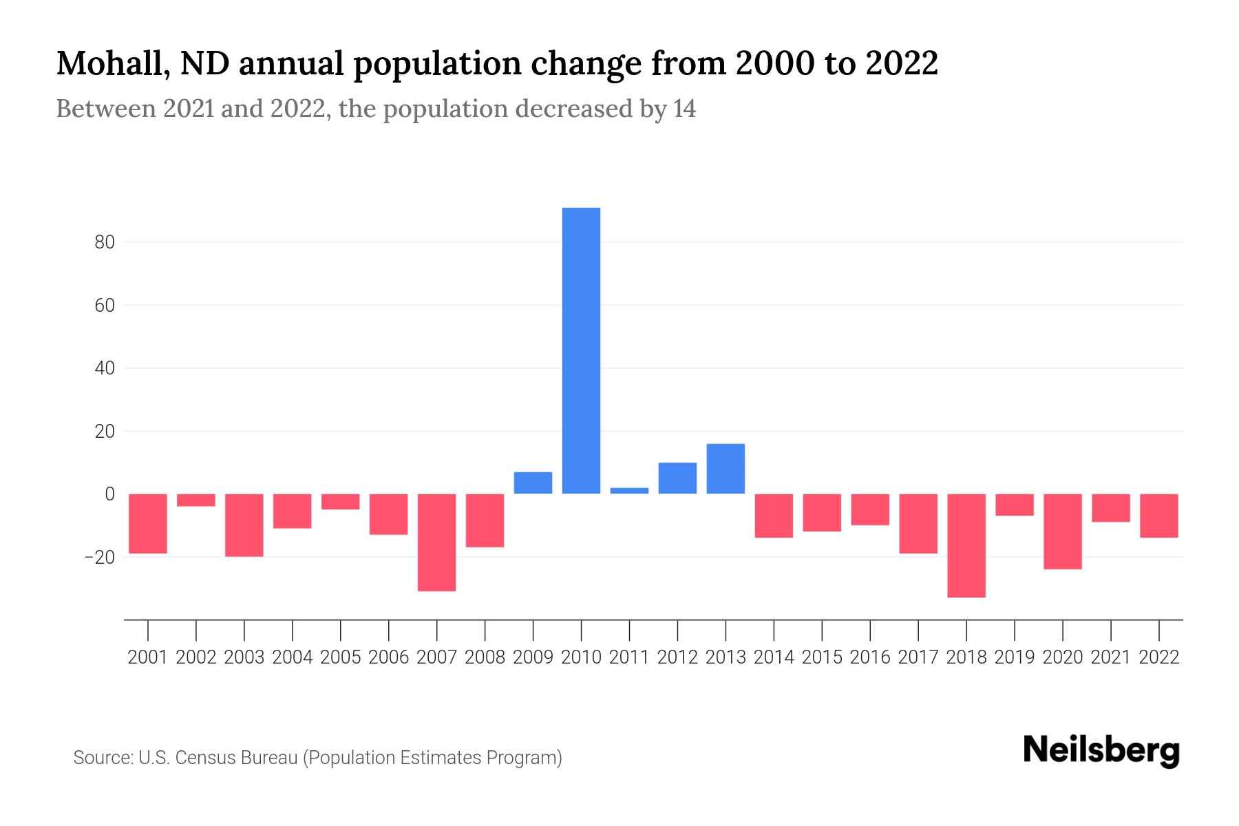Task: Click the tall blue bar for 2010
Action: [581, 350]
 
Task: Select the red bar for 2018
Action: [966, 545]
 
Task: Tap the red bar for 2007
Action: [436, 542]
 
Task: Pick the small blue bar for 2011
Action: [629, 491]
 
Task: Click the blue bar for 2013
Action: [726, 469]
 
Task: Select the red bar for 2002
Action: [196, 500]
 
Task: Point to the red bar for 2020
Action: [1063, 531]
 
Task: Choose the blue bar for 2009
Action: [533, 483]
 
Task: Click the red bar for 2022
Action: [1159, 516]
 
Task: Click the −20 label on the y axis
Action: [99, 557]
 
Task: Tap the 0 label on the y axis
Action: [109, 494]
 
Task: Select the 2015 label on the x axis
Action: [822, 657]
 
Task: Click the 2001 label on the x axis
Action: [148, 657]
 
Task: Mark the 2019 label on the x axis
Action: [1015, 657]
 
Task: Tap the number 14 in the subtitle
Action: [684, 109]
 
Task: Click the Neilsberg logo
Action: [1101, 750]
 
